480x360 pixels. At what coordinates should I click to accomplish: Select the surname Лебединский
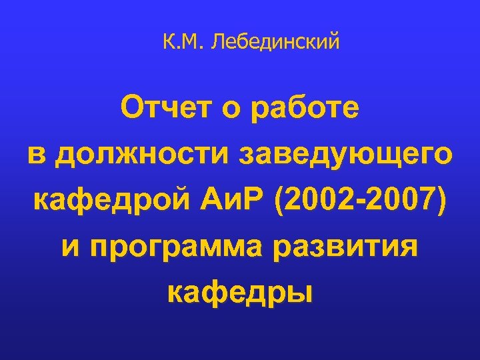coord(275,43)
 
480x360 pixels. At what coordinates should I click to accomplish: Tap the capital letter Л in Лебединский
coord(217,43)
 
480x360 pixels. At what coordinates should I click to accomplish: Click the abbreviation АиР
coord(225,199)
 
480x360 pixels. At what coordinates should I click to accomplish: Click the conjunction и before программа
coord(72,247)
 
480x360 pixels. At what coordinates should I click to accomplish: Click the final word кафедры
coord(239,293)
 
